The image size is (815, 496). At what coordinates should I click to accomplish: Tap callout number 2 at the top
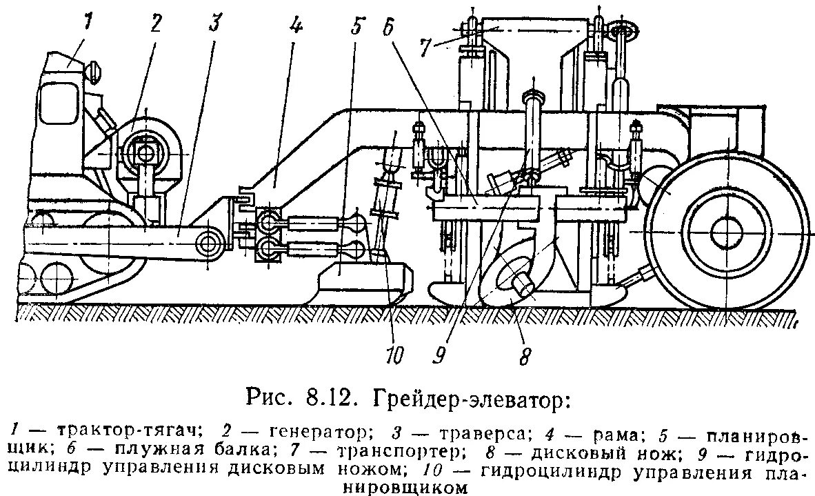coord(156,25)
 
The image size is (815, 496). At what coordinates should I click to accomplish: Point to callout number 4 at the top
coord(294,26)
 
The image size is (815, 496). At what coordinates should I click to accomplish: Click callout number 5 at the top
coord(356,27)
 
